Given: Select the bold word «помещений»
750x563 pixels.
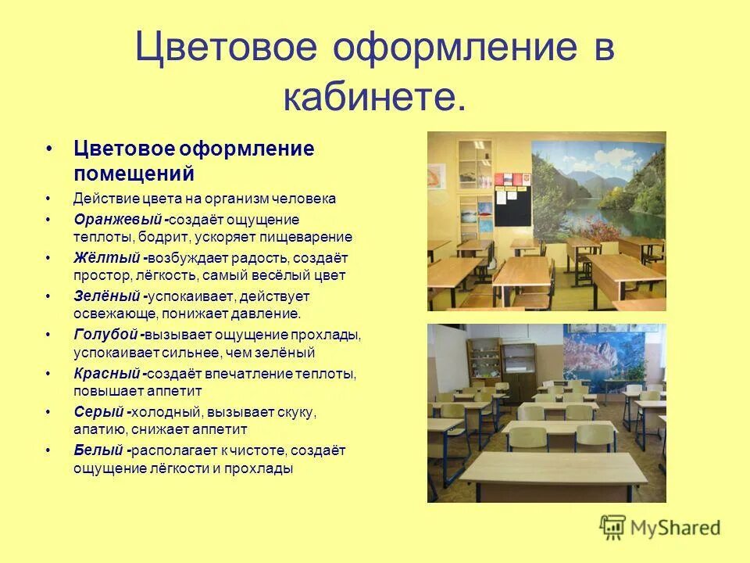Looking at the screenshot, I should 134,172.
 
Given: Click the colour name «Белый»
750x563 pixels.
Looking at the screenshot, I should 99,450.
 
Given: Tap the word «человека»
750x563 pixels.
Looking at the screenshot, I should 309,199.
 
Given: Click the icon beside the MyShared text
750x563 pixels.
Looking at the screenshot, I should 613,527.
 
